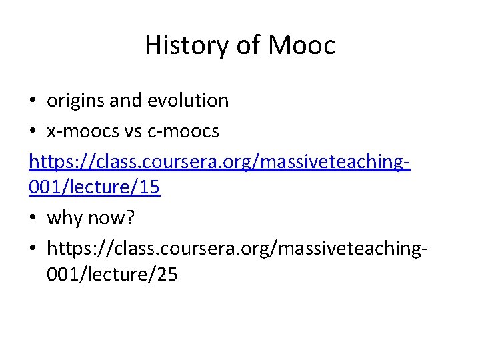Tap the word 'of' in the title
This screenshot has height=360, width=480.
[247, 45]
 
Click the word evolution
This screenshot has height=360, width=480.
[188, 101]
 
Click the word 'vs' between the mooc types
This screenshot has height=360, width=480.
[132, 131]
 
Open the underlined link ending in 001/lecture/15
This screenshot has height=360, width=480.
[95, 187]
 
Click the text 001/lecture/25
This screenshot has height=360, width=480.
[112, 274]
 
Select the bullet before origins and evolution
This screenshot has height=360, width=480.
[33, 101]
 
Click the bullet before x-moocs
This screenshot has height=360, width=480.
[33, 132]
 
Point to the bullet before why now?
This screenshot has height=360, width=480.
[33, 219]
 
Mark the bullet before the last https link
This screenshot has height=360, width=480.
[33, 249]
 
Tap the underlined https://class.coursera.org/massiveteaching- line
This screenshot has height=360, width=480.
[219, 162]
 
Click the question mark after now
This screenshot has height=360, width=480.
[131, 218]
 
